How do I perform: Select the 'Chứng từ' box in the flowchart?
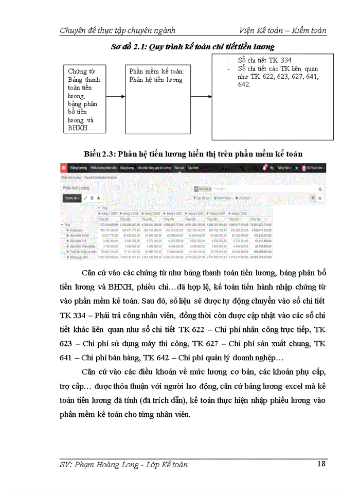point(84,99)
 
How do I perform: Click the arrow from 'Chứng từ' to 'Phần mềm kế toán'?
point(116,96)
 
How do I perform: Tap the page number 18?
point(321,464)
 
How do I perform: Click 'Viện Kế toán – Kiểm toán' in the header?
point(283,30)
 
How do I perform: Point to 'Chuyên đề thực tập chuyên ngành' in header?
point(118,30)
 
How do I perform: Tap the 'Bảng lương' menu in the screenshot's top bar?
point(78,168)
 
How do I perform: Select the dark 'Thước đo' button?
point(71,197)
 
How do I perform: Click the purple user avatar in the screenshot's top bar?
point(303,168)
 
